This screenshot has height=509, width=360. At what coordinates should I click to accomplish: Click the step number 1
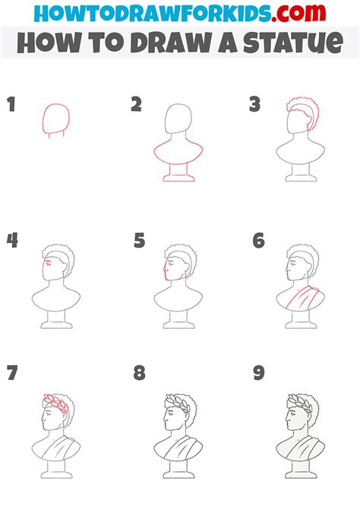coord(11,105)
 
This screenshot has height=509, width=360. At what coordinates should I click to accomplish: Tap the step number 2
coord(136,105)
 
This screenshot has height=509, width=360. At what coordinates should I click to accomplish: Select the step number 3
coord(255,105)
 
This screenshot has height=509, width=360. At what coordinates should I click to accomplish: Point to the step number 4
coord(11,242)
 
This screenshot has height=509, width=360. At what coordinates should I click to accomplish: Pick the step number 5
coord(138,242)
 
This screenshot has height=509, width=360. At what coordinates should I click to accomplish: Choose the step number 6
coord(258,242)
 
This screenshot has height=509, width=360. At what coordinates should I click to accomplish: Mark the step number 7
coord(11,373)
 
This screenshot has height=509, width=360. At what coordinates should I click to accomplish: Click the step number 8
coord(138,373)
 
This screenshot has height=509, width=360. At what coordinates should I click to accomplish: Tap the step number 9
coord(258,373)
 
